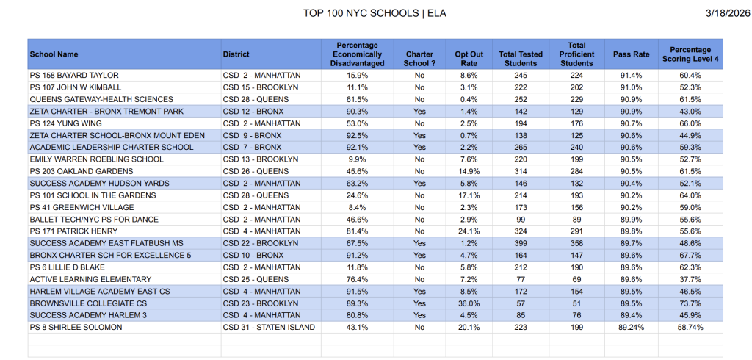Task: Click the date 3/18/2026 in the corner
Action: coord(721,13)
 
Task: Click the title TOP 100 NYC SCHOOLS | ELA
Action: coord(375,13)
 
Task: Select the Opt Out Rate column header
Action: coord(469,54)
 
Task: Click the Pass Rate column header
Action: coord(631,54)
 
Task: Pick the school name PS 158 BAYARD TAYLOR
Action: coord(74,76)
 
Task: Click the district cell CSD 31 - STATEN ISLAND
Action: coord(269,328)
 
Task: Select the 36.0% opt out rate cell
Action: coord(469,303)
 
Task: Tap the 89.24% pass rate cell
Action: coord(631,328)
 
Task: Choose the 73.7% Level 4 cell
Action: coord(690,303)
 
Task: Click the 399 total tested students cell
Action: coord(521,243)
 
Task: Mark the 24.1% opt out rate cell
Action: coord(469,231)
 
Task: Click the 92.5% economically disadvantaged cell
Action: coord(358,136)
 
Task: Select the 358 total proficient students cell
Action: coord(576,243)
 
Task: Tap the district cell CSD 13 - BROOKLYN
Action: coord(261,159)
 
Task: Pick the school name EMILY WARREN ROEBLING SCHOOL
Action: coord(97,159)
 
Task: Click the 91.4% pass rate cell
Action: coord(631,76)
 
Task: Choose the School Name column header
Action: coord(54,54)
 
